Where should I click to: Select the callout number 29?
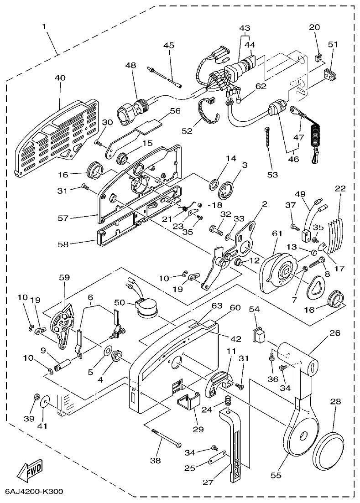pos(198,429)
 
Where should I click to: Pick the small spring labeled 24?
pos(228,403)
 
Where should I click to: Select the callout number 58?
pos(63,244)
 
